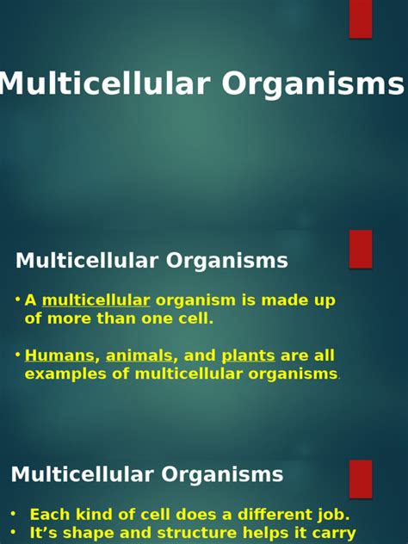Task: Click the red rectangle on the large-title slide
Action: tap(361, 18)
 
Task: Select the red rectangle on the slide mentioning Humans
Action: tap(361, 249)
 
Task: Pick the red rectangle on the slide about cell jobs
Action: tap(361, 479)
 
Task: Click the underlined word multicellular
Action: tap(96, 300)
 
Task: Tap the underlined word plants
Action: tap(248, 355)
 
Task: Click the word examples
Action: tap(60, 374)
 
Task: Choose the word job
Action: tap(331, 515)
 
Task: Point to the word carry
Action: tap(331, 534)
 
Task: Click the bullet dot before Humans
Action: tap(17, 354)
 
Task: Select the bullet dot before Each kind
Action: tap(13, 514)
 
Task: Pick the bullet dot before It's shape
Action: tap(13, 533)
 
